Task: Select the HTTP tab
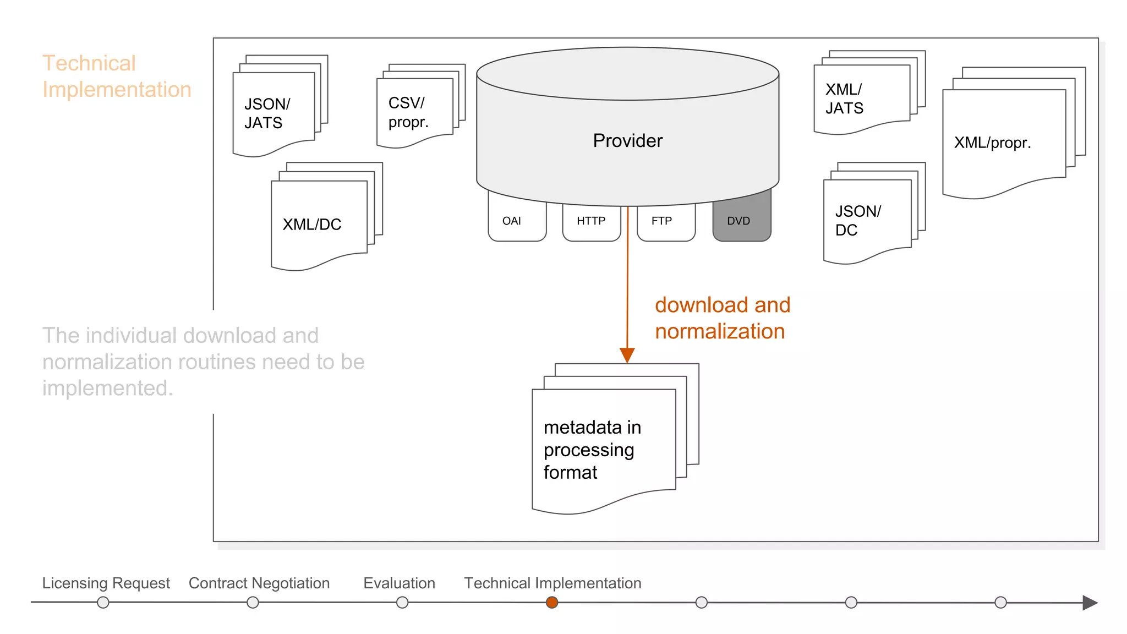tap(591, 221)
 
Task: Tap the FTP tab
tap(662, 221)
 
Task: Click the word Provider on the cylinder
tap(627, 141)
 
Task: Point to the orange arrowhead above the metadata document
tap(627, 355)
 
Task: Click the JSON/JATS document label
tap(267, 113)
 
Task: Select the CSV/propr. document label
tap(408, 112)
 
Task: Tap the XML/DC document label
tap(312, 225)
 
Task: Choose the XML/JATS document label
tap(844, 99)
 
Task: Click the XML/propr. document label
tap(992, 143)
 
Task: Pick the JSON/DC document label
tap(857, 221)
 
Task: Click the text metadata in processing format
tap(592, 450)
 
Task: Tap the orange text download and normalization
tap(722, 318)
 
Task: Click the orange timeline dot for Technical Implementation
tap(552, 603)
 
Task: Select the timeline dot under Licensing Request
tap(103, 603)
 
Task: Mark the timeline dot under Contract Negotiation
tap(253, 603)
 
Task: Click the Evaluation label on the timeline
tap(399, 583)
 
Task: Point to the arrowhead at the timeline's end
tap(1090, 603)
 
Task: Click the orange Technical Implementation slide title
tap(117, 76)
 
